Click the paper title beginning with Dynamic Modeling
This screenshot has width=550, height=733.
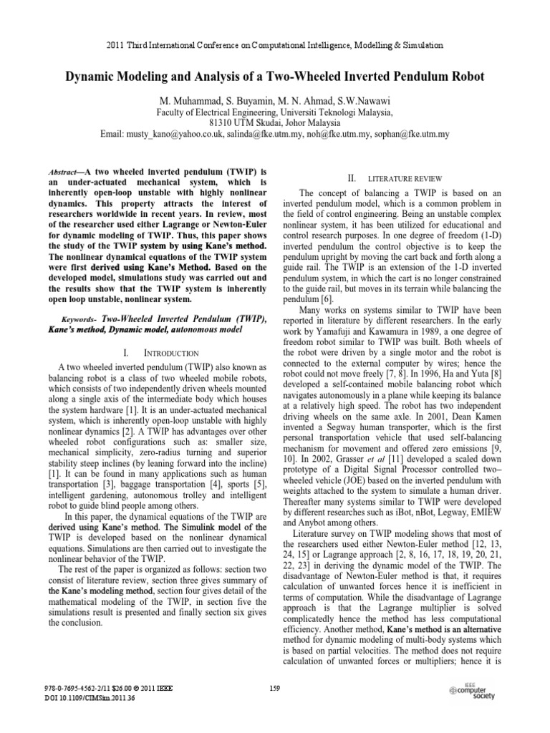(x=274, y=77)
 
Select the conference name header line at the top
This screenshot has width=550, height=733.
(x=274, y=45)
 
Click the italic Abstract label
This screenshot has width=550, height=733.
(x=66, y=173)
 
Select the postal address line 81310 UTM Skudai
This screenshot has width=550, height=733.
(x=274, y=122)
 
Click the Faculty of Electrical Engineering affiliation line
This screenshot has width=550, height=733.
(x=274, y=112)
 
